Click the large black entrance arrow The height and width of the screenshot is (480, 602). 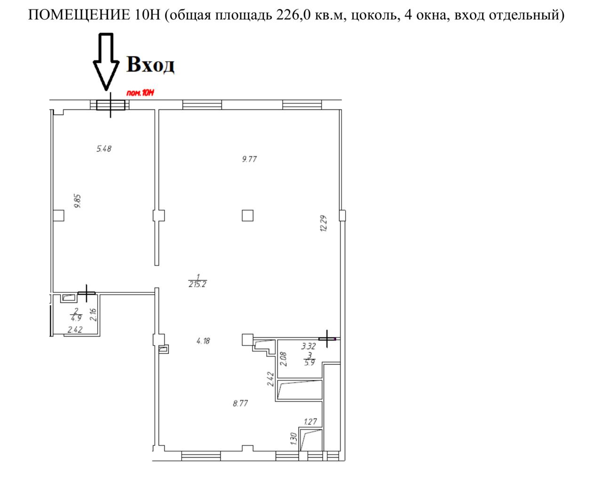pos(106,62)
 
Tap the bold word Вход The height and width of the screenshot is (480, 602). pos(150,64)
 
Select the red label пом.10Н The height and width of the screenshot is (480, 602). pos(140,93)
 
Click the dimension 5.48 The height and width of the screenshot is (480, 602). pos(104,149)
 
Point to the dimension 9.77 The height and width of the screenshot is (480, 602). pos(249,159)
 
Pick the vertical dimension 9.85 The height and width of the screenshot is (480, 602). pos(77,201)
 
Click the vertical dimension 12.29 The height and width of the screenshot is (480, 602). pos(324,223)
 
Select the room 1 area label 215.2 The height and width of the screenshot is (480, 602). pos(198,284)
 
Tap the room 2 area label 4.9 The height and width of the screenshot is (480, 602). pos(76,318)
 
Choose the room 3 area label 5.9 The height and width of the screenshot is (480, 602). pos(309,363)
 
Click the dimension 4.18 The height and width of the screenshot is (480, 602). pos(203,341)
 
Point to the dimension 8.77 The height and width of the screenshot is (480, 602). pos(240,403)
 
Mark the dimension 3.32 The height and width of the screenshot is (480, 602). pos(309,346)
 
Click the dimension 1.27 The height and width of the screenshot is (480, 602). pos(310,422)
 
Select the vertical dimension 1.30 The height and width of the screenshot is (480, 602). pos(293,439)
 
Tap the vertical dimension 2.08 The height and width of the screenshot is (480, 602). pos(283,359)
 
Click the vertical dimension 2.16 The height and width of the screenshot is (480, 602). pos(93,315)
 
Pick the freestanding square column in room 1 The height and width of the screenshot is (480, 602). pos(247,216)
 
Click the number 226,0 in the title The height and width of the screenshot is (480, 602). pos(293,16)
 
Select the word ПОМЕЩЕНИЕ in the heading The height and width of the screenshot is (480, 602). pos(79,15)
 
